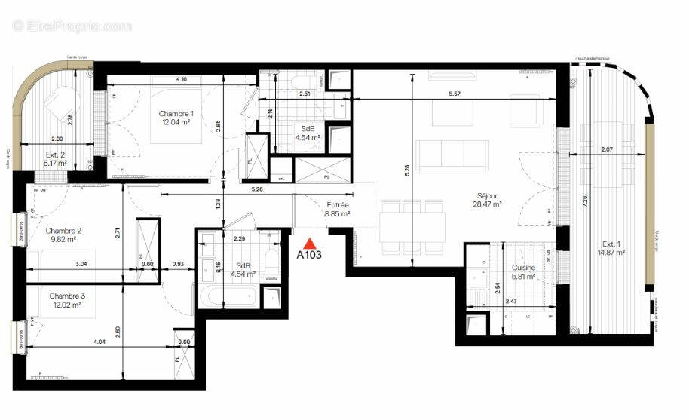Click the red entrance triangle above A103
click(308, 243)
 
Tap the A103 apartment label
click(309, 255)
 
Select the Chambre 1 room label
click(174, 114)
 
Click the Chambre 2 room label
click(63, 231)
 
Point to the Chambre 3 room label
click(66, 296)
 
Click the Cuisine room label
click(524, 267)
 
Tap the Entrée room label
click(337, 205)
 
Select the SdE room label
click(308, 129)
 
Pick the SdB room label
click(243, 265)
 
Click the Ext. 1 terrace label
click(612, 244)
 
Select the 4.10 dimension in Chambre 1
click(182, 79)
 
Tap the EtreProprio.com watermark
click(72, 26)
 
